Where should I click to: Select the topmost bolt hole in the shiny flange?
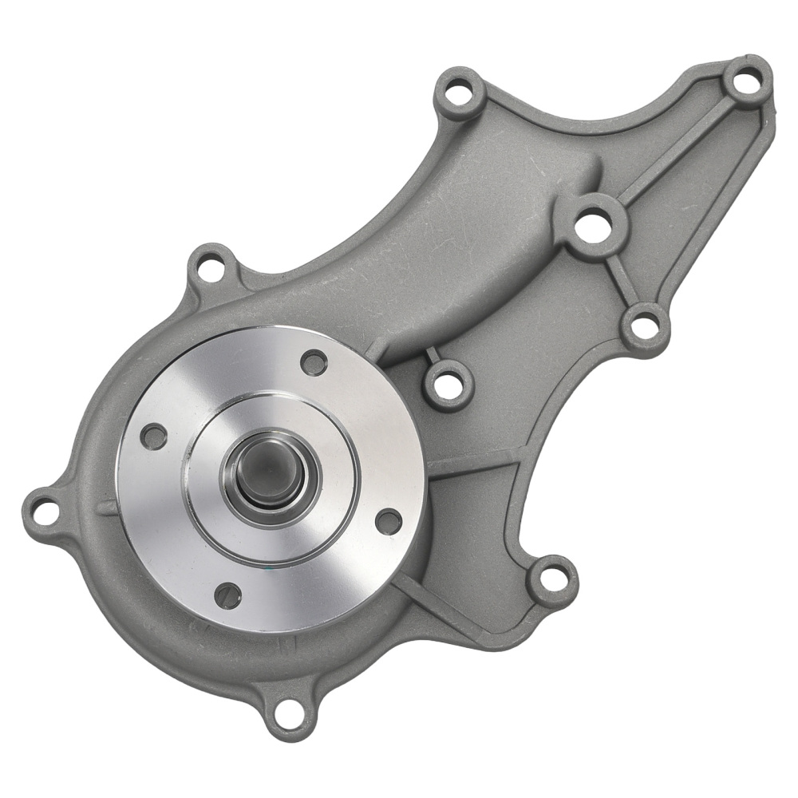point(314,362)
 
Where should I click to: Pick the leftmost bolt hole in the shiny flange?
point(154,437)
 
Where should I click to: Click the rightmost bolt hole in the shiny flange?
point(389,522)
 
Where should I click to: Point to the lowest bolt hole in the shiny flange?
point(228,595)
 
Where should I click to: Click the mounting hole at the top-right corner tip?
point(747,81)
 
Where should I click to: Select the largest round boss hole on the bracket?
point(594,226)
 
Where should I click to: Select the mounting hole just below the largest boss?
point(645,327)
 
